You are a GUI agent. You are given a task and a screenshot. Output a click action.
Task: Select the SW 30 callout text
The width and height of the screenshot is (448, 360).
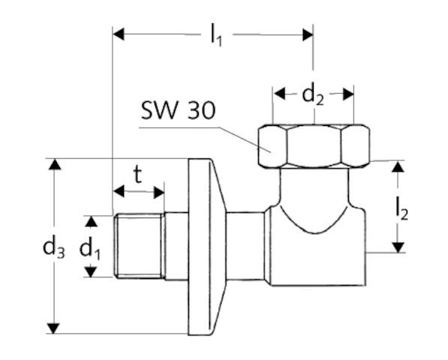pyautogui.click(x=178, y=112)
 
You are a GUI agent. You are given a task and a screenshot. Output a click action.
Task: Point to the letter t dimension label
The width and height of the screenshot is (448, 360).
pyautogui.click(x=137, y=175)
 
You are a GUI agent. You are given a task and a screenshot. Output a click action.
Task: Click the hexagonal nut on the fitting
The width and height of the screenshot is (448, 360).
pyautogui.click(x=314, y=147)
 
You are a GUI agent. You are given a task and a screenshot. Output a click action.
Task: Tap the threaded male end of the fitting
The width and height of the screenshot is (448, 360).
pyautogui.click(x=138, y=246)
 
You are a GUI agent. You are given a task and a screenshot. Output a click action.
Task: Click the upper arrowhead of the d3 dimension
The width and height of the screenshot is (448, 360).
pyautogui.click(x=53, y=164)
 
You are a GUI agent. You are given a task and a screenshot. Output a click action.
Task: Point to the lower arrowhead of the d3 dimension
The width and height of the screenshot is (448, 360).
pyautogui.click(x=53, y=328)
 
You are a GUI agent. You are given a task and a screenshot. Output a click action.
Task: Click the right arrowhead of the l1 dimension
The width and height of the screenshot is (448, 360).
pyautogui.click(x=307, y=34)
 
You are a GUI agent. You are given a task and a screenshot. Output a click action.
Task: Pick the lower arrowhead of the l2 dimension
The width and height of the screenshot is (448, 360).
pyautogui.click(x=398, y=247)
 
